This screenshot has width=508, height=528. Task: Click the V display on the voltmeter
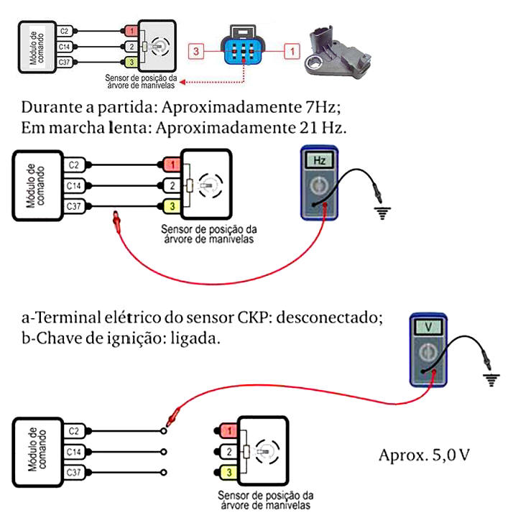429,327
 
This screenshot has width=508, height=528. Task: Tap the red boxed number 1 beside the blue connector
291,51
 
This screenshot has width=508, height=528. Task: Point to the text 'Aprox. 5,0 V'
423,455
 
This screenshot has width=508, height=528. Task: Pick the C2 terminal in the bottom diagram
74,431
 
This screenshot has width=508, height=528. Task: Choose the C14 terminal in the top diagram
65,47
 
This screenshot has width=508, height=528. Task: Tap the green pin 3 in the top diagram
131,62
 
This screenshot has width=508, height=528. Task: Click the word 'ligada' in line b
198,338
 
